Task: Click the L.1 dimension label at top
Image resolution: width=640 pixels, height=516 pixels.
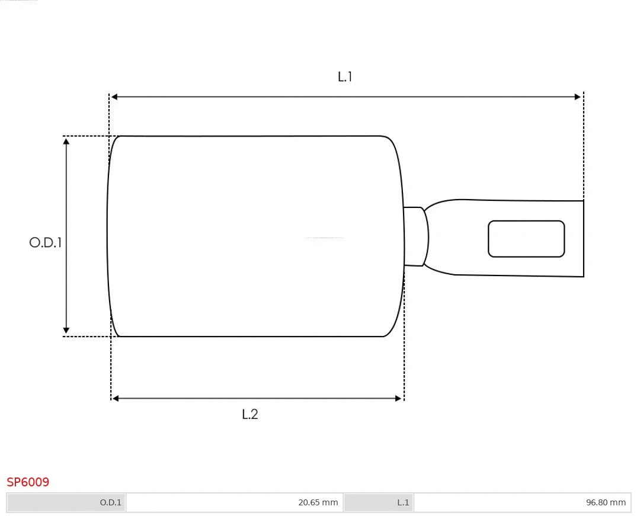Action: coord(345,76)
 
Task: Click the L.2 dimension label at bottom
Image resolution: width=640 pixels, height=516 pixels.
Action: coord(250,414)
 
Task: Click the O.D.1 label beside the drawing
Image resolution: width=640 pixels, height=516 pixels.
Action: coord(46,242)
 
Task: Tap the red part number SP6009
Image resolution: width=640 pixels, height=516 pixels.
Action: coord(28,482)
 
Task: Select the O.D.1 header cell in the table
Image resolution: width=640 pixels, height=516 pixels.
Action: coord(67,502)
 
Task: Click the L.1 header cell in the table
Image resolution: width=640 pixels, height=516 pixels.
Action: coord(379,502)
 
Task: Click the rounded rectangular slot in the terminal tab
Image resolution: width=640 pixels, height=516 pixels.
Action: coord(526,239)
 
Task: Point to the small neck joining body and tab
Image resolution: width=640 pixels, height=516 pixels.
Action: coord(415,236)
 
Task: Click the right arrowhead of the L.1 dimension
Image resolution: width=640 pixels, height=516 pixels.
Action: coord(578,97)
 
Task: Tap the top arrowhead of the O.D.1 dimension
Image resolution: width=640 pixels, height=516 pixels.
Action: coord(66,141)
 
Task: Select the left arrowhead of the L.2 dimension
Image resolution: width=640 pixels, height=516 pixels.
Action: coord(116,399)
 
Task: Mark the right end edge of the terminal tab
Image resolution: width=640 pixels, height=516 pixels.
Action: coord(584,239)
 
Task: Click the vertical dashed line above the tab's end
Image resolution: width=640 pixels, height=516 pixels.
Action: coord(584,148)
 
